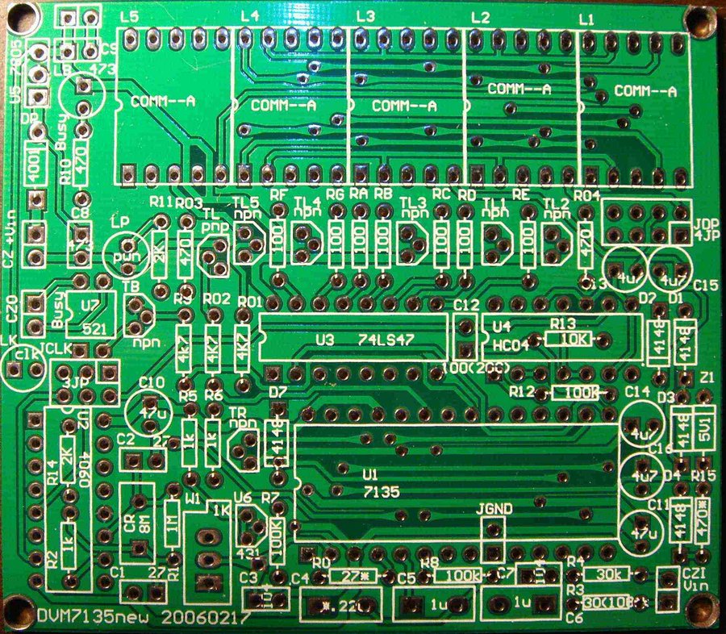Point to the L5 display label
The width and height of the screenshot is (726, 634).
tap(127, 16)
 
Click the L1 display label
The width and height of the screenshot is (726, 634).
tap(586, 18)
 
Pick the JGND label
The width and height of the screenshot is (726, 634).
tap(493, 509)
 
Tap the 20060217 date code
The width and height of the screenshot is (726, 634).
tap(206, 617)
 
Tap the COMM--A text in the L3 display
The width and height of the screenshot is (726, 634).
tap(403, 106)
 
